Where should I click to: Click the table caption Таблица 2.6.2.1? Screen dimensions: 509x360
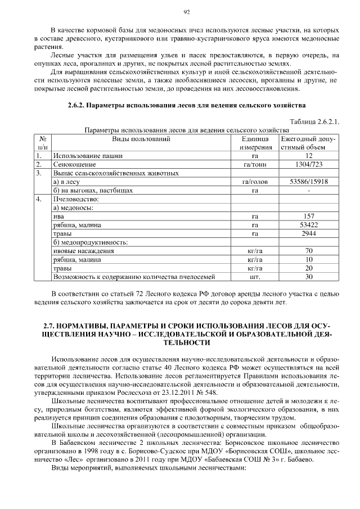click(x=314, y=122)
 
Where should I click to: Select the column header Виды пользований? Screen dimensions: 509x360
click(x=141, y=138)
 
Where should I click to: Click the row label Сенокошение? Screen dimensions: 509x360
click(x=74, y=165)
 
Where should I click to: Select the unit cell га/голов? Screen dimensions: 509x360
click(x=255, y=182)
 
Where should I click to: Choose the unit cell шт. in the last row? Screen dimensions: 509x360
click(x=255, y=277)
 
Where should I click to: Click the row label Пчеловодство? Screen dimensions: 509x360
click(x=76, y=199)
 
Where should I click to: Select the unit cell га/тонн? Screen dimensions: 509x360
click(x=255, y=165)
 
